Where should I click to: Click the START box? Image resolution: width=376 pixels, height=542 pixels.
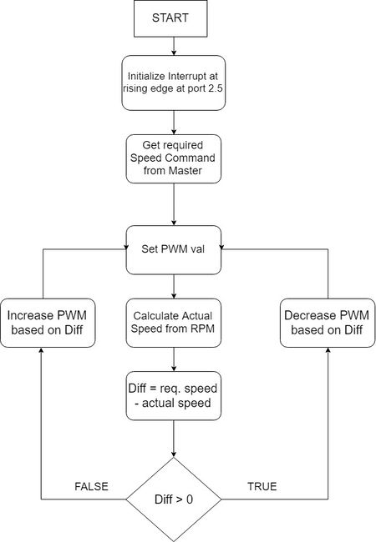[170, 18]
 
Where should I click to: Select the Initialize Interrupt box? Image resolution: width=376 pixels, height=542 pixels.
[174, 83]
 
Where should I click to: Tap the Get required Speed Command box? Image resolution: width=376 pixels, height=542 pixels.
[174, 158]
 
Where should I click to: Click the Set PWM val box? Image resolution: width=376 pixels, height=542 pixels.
[174, 250]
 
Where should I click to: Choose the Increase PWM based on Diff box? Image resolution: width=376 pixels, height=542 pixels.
[48, 323]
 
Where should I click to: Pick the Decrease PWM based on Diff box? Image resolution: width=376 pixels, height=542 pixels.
[328, 323]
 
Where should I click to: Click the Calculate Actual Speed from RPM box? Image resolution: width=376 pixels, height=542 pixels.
[174, 323]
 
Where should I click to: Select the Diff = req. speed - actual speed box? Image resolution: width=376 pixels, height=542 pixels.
[174, 396]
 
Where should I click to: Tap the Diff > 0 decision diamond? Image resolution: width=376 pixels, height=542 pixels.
[174, 499]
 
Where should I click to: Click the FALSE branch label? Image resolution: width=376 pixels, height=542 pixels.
[91, 486]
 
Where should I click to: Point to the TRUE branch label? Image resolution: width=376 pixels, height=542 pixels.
[262, 486]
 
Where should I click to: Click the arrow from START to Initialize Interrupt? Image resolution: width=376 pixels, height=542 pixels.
[174, 46]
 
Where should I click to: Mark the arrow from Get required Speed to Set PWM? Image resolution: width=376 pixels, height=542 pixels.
[174, 204]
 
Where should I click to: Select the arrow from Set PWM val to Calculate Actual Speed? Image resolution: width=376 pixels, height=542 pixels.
[174, 287]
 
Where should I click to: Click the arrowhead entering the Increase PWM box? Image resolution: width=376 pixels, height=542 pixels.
[41, 350]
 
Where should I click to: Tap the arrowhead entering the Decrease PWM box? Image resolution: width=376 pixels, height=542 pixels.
[328, 350]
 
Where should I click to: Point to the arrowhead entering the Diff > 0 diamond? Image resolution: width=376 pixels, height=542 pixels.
[174, 454]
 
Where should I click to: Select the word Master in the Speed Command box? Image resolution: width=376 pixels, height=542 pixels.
[185, 170]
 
